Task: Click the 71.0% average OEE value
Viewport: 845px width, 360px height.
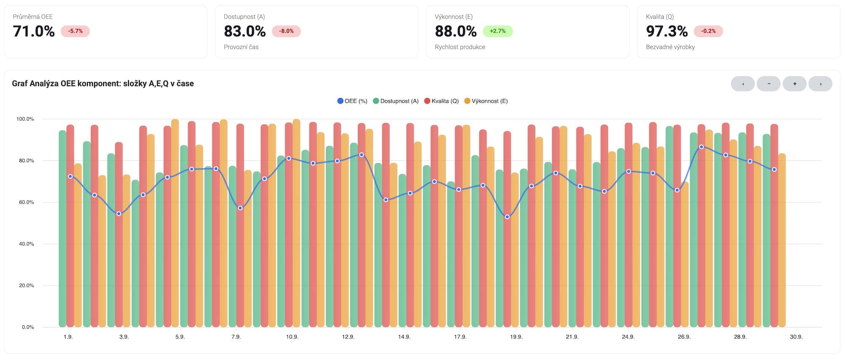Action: point(34,31)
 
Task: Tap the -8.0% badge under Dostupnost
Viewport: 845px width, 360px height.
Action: point(286,31)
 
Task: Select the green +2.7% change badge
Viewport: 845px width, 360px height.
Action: point(497,31)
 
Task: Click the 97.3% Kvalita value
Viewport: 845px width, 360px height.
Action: point(667,31)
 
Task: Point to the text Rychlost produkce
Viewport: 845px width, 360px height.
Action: point(460,47)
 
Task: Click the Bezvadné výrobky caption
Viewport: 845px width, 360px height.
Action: point(670,47)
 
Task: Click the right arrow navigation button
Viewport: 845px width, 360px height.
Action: point(820,84)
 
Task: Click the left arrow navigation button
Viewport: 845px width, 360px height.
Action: point(743,84)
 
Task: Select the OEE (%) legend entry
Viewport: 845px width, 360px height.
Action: point(352,101)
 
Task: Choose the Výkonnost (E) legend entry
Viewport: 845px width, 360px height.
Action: point(486,101)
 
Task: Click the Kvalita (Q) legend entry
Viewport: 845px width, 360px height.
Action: point(442,101)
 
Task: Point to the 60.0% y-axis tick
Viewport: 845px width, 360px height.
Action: point(26,202)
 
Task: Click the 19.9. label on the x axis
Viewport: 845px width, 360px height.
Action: point(516,337)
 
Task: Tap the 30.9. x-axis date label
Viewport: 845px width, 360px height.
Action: point(796,337)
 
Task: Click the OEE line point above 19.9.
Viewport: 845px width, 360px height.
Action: point(507,217)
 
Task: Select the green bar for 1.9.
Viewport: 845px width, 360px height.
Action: point(63,228)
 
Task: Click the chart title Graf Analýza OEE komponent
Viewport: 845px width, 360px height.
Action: point(103,84)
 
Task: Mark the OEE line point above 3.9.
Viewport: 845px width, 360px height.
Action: point(119,214)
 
